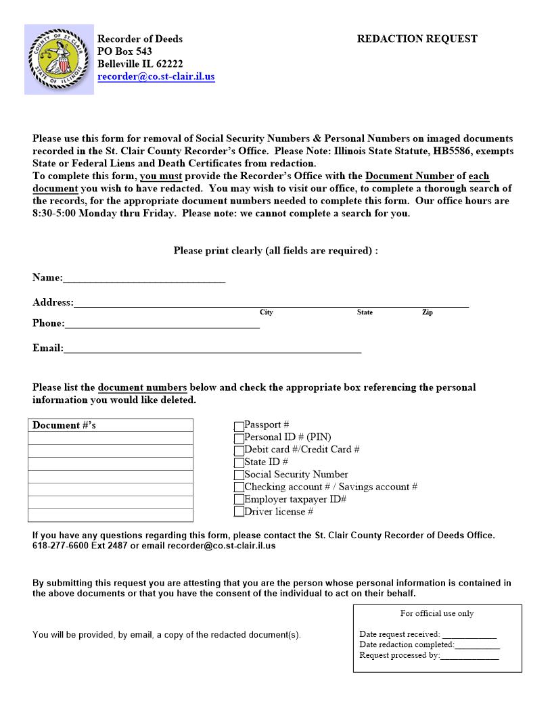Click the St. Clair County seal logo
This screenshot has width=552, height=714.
(x=59, y=59)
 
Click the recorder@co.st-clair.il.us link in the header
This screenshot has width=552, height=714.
(x=156, y=77)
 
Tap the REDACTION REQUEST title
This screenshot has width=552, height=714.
(x=417, y=39)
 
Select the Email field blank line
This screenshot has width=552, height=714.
(x=212, y=350)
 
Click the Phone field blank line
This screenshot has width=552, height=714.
(x=162, y=325)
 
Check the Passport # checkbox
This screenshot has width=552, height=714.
(x=239, y=427)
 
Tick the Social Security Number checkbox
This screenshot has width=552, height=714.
(x=239, y=475)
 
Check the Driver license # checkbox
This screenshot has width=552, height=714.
(x=239, y=513)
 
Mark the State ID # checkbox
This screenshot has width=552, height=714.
(x=239, y=463)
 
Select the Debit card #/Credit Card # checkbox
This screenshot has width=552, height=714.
(x=239, y=451)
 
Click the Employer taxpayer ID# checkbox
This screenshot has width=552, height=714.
(x=239, y=500)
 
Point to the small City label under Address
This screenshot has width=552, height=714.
(x=266, y=312)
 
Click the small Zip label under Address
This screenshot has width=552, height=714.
(x=427, y=312)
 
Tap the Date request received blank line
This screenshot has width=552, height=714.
(x=469, y=636)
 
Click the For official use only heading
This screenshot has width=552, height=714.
(x=437, y=614)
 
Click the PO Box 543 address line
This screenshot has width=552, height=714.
(x=124, y=51)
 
